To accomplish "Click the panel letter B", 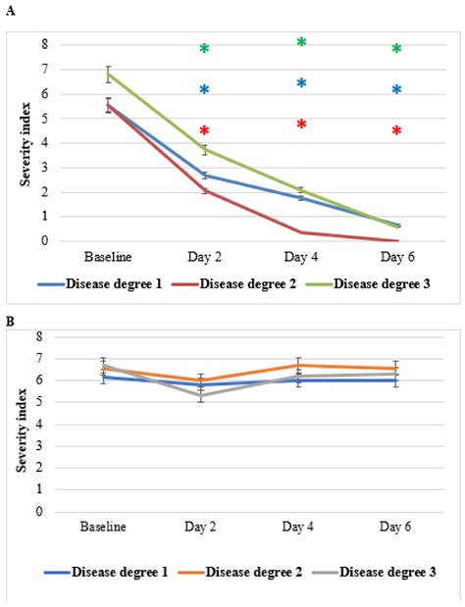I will pos(10,320).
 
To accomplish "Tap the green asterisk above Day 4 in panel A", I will pos(301,43).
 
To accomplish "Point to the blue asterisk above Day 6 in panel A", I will pos(396,90).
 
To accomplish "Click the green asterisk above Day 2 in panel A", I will pos(204,49).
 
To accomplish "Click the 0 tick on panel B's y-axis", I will pos(39,511).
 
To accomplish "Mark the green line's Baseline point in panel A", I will pos(107,74).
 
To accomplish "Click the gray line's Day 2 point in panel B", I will pos(204,395).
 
